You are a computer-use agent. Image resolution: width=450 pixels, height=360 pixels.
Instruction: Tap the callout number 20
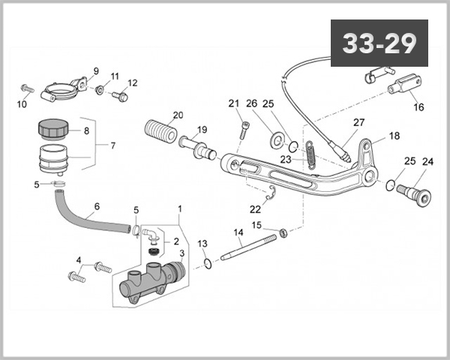coord(177,115)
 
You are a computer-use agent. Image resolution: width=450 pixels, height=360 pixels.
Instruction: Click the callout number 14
coord(238,232)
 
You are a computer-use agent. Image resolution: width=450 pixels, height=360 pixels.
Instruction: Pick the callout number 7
coord(112,145)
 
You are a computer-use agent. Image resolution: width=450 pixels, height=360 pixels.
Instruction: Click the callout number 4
coord(78,260)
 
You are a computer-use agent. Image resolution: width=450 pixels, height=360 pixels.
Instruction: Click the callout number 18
coord(394,137)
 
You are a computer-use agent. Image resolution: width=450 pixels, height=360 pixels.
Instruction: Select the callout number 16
coord(418,106)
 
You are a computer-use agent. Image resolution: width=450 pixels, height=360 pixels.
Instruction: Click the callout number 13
coord(202,244)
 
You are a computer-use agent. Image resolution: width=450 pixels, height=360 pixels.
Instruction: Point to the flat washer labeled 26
coord(277,138)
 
